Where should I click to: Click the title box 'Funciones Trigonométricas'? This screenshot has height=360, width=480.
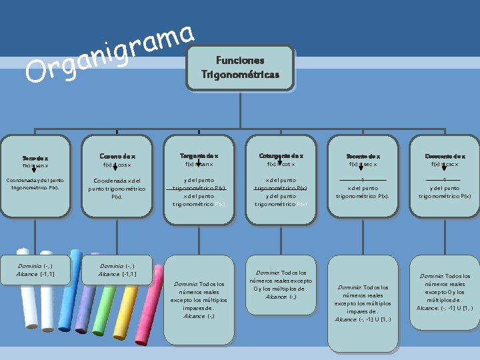(241, 67)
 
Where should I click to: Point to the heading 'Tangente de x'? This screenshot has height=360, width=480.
(199, 156)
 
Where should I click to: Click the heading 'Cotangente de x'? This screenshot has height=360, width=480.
(281, 156)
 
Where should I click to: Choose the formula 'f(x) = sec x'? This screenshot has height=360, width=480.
(363, 164)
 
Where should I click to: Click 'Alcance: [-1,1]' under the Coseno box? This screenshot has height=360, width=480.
(117, 274)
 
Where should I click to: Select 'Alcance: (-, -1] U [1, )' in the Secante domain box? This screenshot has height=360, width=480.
(363, 319)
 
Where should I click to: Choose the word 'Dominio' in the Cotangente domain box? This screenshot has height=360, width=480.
(265, 273)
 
